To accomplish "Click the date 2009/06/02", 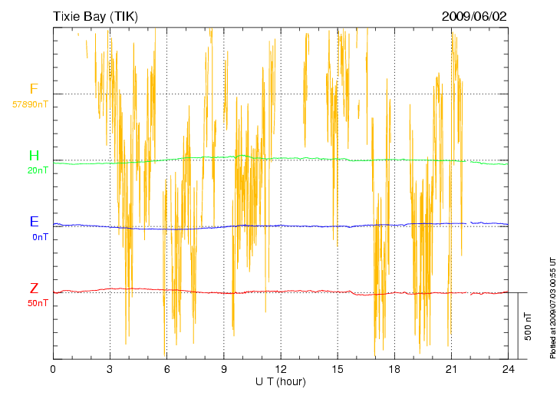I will [474, 16].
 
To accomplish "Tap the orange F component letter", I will [34, 89].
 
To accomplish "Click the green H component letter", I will [34, 156].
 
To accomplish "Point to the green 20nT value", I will [38, 170].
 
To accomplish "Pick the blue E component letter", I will [34, 222].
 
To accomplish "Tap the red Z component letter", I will [34, 289].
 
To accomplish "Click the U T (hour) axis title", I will [281, 381].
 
